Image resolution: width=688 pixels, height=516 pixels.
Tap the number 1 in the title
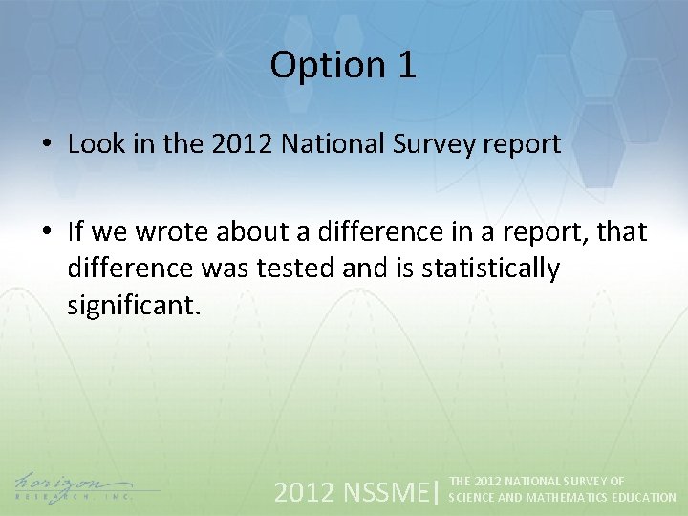405,65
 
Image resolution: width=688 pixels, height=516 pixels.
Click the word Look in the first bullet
95,144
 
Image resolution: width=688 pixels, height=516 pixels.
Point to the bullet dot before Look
46,145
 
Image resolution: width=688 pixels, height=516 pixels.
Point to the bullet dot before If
46,232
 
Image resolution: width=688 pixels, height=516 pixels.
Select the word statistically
487,269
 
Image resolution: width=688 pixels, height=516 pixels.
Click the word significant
134,307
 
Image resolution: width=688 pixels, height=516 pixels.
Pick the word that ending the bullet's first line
620,232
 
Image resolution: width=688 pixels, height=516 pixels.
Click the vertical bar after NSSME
437,492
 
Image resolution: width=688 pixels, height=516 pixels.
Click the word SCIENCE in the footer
469,498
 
